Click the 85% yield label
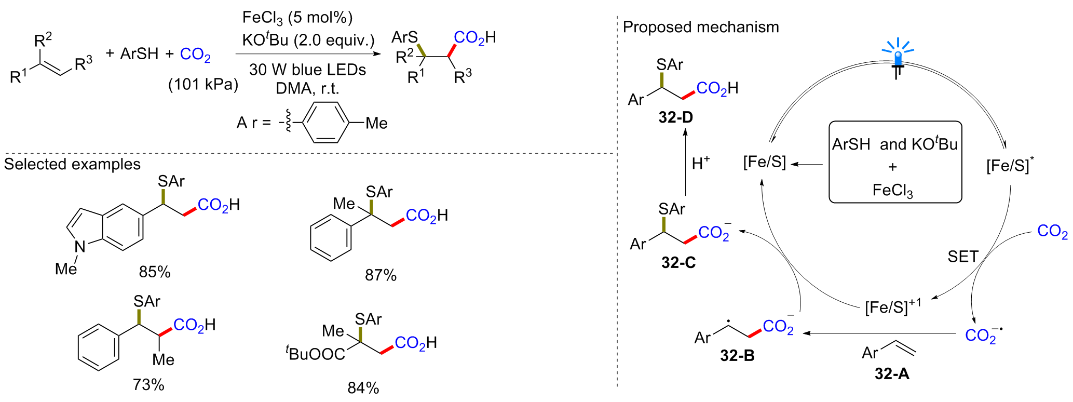pyautogui.click(x=154, y=272)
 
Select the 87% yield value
pyautogui.click(x=381, y=275)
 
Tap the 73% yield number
pyautogui.click(x=148, y=384)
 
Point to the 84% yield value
pyautogui.click(x=363, y=387)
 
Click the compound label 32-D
pyautogui.click(x=675, y=117)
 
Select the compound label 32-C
pyautogui.click(x=678, y=263)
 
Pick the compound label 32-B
pyautogui.click(x=737, y=355)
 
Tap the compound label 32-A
pyautogui.click(x=892, y=373)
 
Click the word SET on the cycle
pyautogui.click(x=963, y=257)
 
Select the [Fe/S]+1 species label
pyautogui.click(x=893, y=306)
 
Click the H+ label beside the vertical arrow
pyautogui.click(x=700, y=163)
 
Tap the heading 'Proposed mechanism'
pyautogui.click(x=700, y=27)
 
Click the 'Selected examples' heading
pyautogui.click(x=72, y=164)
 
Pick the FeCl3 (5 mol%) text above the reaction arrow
pyautogui.click(x=297, y=18)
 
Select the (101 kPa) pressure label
pyautogui.click(x=203, y=84)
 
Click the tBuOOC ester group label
pyautogui.click(x=315, y=354)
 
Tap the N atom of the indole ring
pyautogui.click(x=80, y=246)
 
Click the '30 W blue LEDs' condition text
pyautogui.click(x=307, y=70)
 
